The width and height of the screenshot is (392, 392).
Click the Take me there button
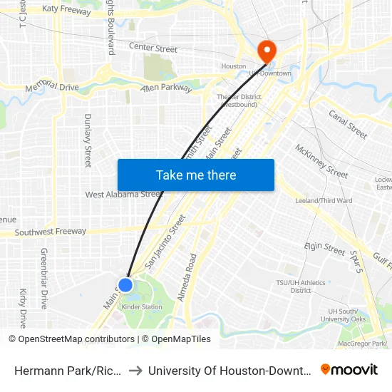pos(196,175)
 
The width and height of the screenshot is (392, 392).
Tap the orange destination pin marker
pos(267,51)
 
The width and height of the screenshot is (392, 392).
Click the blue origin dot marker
pos(125,285)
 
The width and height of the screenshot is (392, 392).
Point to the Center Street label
pos(153,48)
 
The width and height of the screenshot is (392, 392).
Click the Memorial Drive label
pos(51,88)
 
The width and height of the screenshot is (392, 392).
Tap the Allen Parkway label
pos(166,88)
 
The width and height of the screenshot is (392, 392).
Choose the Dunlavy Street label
pos(88,140)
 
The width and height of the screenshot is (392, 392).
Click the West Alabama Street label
pos(123,194)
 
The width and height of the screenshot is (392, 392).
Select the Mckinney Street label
pos(321,161)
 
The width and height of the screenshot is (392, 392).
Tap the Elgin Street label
pos(324,248)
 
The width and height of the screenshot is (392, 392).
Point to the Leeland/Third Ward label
pos(324,200)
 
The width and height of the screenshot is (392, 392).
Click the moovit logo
pos(349,369)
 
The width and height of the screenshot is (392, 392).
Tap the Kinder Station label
pos(142,307)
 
